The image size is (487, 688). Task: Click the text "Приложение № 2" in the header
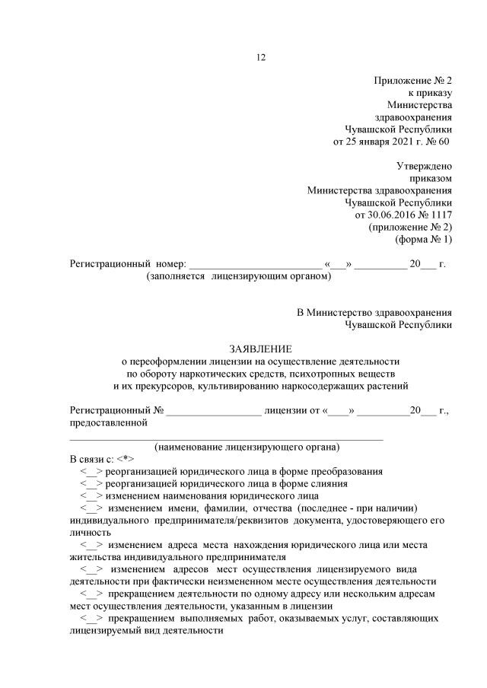click(412, 80)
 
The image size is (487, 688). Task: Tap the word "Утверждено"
click(424, 166)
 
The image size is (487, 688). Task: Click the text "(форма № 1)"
click(423, 239)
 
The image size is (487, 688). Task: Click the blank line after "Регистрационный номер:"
click(254, 265)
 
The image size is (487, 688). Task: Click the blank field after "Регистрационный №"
click(214, 411)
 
